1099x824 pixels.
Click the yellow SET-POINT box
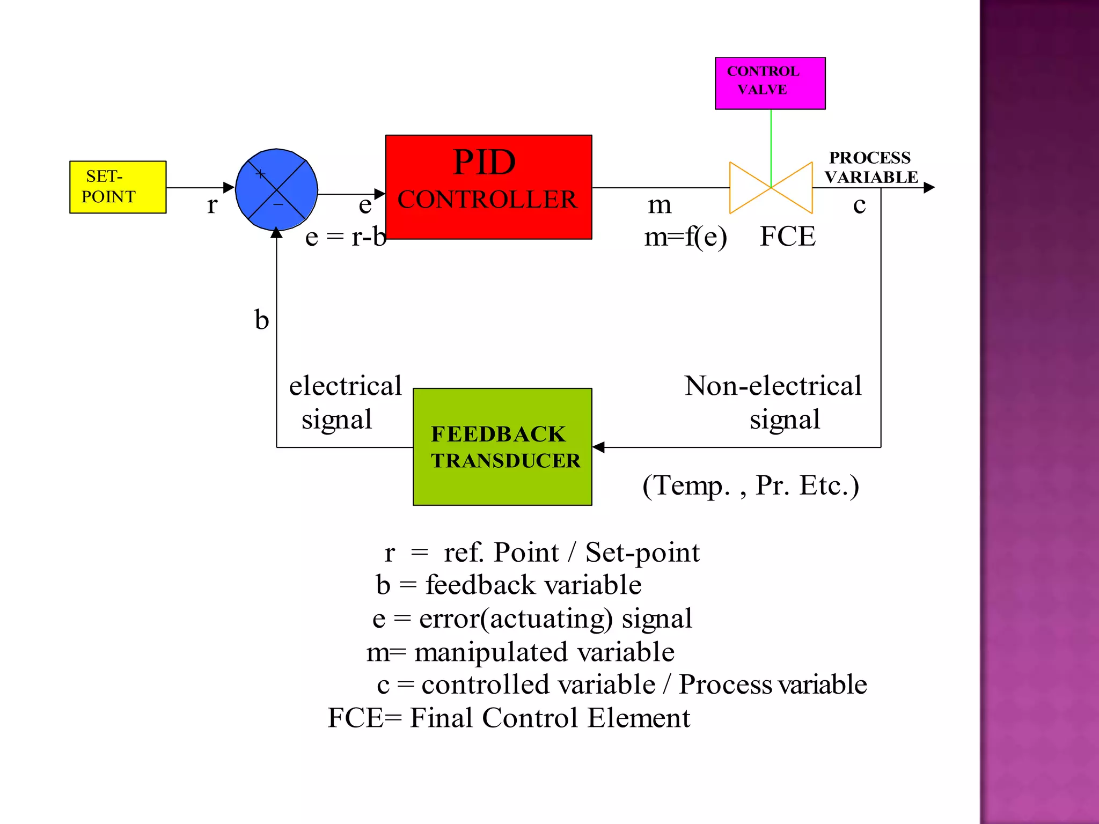(x=118, y=187)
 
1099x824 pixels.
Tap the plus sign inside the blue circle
(x=260, y=174)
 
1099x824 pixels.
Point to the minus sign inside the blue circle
(x=278, y=204)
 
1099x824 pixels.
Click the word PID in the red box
(x=484, y=162)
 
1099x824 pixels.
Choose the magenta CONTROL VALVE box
(x=770, y=83)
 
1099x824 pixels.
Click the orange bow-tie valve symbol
(x=771, y=188)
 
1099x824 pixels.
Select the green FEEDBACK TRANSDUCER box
(x=502, y=446)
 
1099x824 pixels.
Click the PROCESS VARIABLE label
(x=870, y=167)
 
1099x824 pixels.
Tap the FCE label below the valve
(x=787, y=237)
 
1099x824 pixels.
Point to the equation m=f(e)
(x=685, y=237)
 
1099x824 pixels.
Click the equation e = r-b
(x=345, y=237)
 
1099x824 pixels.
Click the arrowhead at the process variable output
(x=929, y=188)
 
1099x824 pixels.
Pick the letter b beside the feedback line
(x=261, y=320)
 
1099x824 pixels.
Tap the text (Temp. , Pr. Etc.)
(x=750, y=485)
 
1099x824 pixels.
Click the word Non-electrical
(x=773, y=386)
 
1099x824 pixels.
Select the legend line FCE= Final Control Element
(x=508, y=718)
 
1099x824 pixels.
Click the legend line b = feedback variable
(x=508, y=585)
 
